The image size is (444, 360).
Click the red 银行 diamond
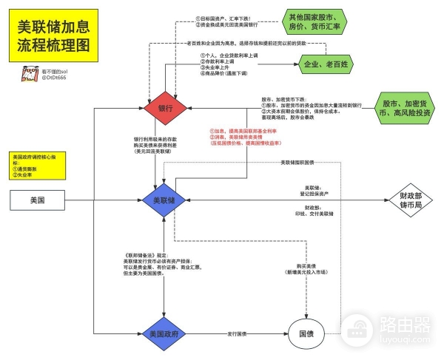point(164,108)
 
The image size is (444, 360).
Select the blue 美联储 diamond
point(164,200)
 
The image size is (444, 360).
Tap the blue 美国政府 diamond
point(164,333)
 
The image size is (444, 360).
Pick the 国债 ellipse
point(305,334)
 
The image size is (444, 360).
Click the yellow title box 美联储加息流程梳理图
point(53,35)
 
